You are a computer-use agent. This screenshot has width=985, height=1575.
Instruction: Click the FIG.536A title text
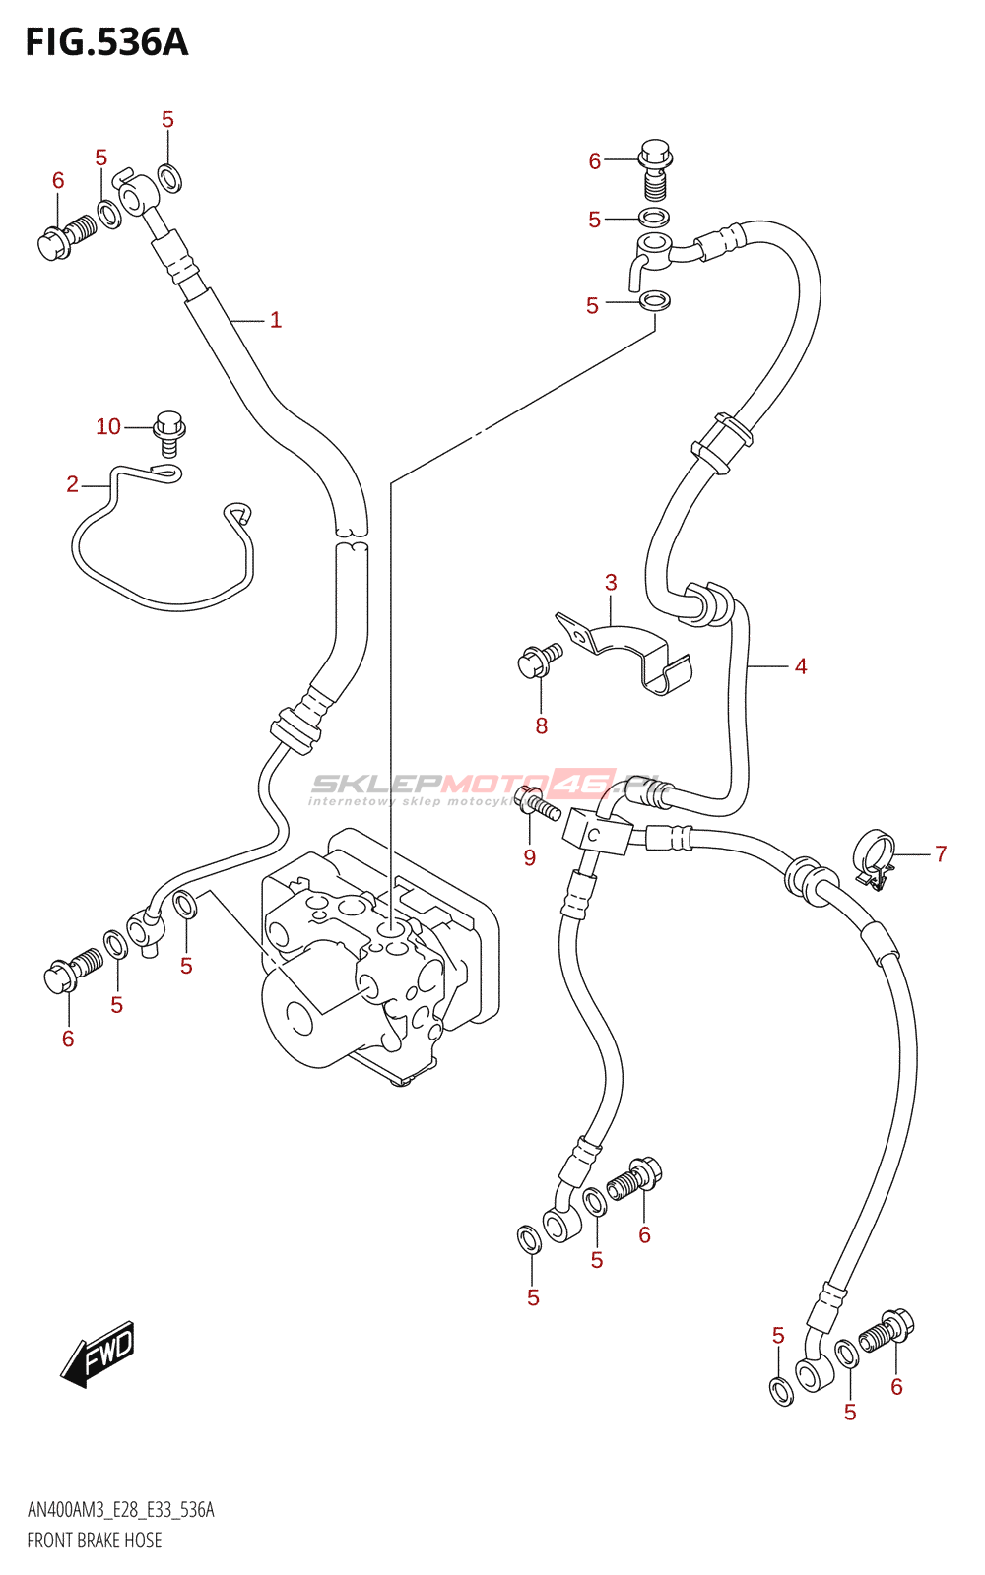(x=106, y=43)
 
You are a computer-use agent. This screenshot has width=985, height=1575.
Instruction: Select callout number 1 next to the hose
(x=276, y=320)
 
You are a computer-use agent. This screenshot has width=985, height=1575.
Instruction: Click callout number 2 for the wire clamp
(x=72, y=483)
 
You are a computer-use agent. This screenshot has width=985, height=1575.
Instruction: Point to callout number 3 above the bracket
(x=611, y=583)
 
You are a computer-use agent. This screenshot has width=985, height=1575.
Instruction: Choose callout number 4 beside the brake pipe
(x=801, y=666)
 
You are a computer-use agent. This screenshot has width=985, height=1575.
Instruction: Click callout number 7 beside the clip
(x=941, y=853)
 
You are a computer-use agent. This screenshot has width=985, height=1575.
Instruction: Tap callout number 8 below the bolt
(x=541, y=726)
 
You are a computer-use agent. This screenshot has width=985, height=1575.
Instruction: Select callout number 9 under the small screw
(x=530, y=857)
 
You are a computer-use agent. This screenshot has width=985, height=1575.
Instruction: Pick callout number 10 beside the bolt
(x=108, y=426)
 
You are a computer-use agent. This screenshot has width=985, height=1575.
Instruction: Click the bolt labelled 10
(x=169, y=433)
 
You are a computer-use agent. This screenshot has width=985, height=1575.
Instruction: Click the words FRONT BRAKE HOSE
(x=95, y=1541)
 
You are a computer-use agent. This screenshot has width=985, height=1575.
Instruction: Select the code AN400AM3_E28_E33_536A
(x=120, y=1510)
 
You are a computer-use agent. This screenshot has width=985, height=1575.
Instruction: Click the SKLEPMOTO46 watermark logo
(x=483, y=786)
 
